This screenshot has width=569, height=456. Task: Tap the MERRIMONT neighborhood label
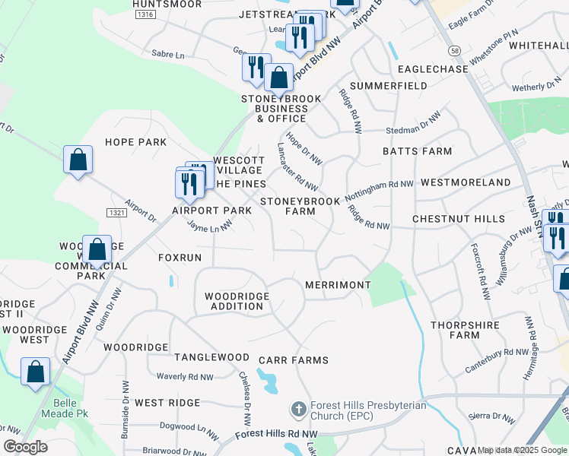coord(337,285)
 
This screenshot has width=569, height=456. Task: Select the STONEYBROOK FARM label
coord(300,206)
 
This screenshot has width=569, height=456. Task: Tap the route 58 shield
coord(454,50)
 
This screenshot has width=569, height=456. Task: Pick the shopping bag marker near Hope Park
coord(78,160)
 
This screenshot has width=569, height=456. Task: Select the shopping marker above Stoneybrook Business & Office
coord(279,78)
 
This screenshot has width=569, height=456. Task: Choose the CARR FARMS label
coord(293,360)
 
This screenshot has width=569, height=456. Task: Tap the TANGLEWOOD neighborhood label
coord(211,357)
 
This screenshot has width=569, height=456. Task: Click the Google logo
coord(26,447)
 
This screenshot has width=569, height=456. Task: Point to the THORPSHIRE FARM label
coord(465,330)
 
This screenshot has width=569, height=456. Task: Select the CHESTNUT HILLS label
coord(458,219)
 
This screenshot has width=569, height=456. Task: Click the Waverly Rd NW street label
coord(185,376)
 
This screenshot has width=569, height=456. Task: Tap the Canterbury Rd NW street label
coord(497,360)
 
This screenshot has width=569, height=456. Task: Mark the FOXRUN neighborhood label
coord(180,258)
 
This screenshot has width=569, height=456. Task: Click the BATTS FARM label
coord(417,151)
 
